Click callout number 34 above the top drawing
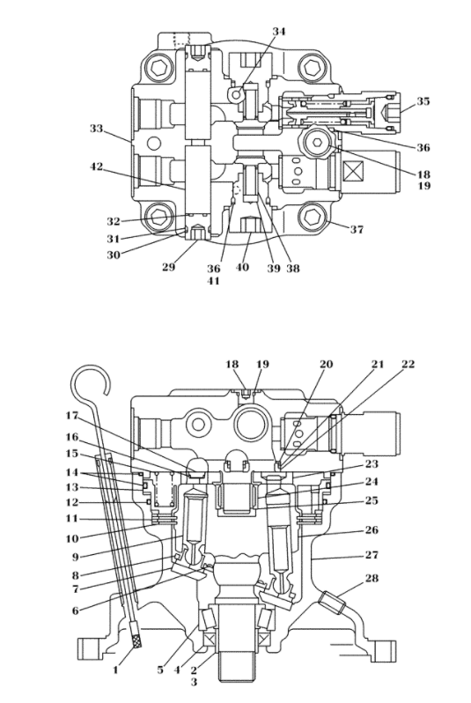[x=279, y=32]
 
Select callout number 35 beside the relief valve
[x=423, y=101]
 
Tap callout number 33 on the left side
[x=96, y=129]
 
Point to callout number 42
[x=96, y=166]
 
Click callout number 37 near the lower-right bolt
[x=357, y=230]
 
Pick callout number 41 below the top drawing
[x=213, y=281]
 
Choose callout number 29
[x=168, y=268]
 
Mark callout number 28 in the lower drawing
[x=372, y=579]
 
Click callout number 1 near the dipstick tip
[x=115, y=670]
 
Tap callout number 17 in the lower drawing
[x=72, y=416]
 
